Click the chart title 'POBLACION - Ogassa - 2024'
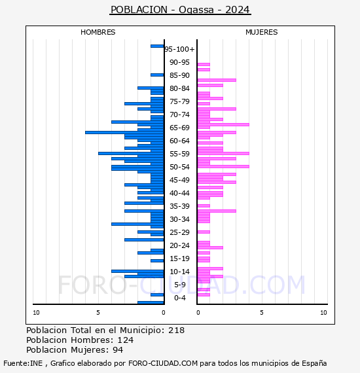(180, 10)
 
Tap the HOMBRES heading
(98, 32)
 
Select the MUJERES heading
(262, 32)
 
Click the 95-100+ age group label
(179, 49)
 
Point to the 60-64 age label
(179, 141)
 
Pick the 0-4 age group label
(179, 298)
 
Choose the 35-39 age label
(179, 206)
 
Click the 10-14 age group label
(179, 272)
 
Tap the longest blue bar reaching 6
(124, 132)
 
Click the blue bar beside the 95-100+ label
(157, 46)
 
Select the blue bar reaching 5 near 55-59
(131, 153)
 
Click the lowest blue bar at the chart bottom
(151, 302)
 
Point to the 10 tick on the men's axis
(36, 313)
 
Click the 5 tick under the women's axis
(262, 313)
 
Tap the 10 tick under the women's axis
(323, 313)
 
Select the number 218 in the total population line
(176, 330)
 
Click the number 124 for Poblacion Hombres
(126, 340)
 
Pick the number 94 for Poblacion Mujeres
(118, 349)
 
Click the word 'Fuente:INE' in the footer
(23, 363)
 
